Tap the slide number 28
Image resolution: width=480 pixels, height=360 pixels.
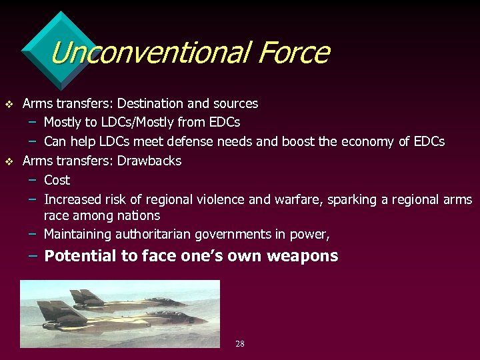(240, 344)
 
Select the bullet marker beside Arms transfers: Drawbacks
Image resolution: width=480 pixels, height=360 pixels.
(9, 161)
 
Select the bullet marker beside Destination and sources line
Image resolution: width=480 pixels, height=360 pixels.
(9, 104)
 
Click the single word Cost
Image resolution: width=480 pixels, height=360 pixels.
(57, 180)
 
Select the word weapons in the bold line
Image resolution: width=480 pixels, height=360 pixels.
(305, 256)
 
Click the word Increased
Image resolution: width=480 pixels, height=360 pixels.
(72, 199)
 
